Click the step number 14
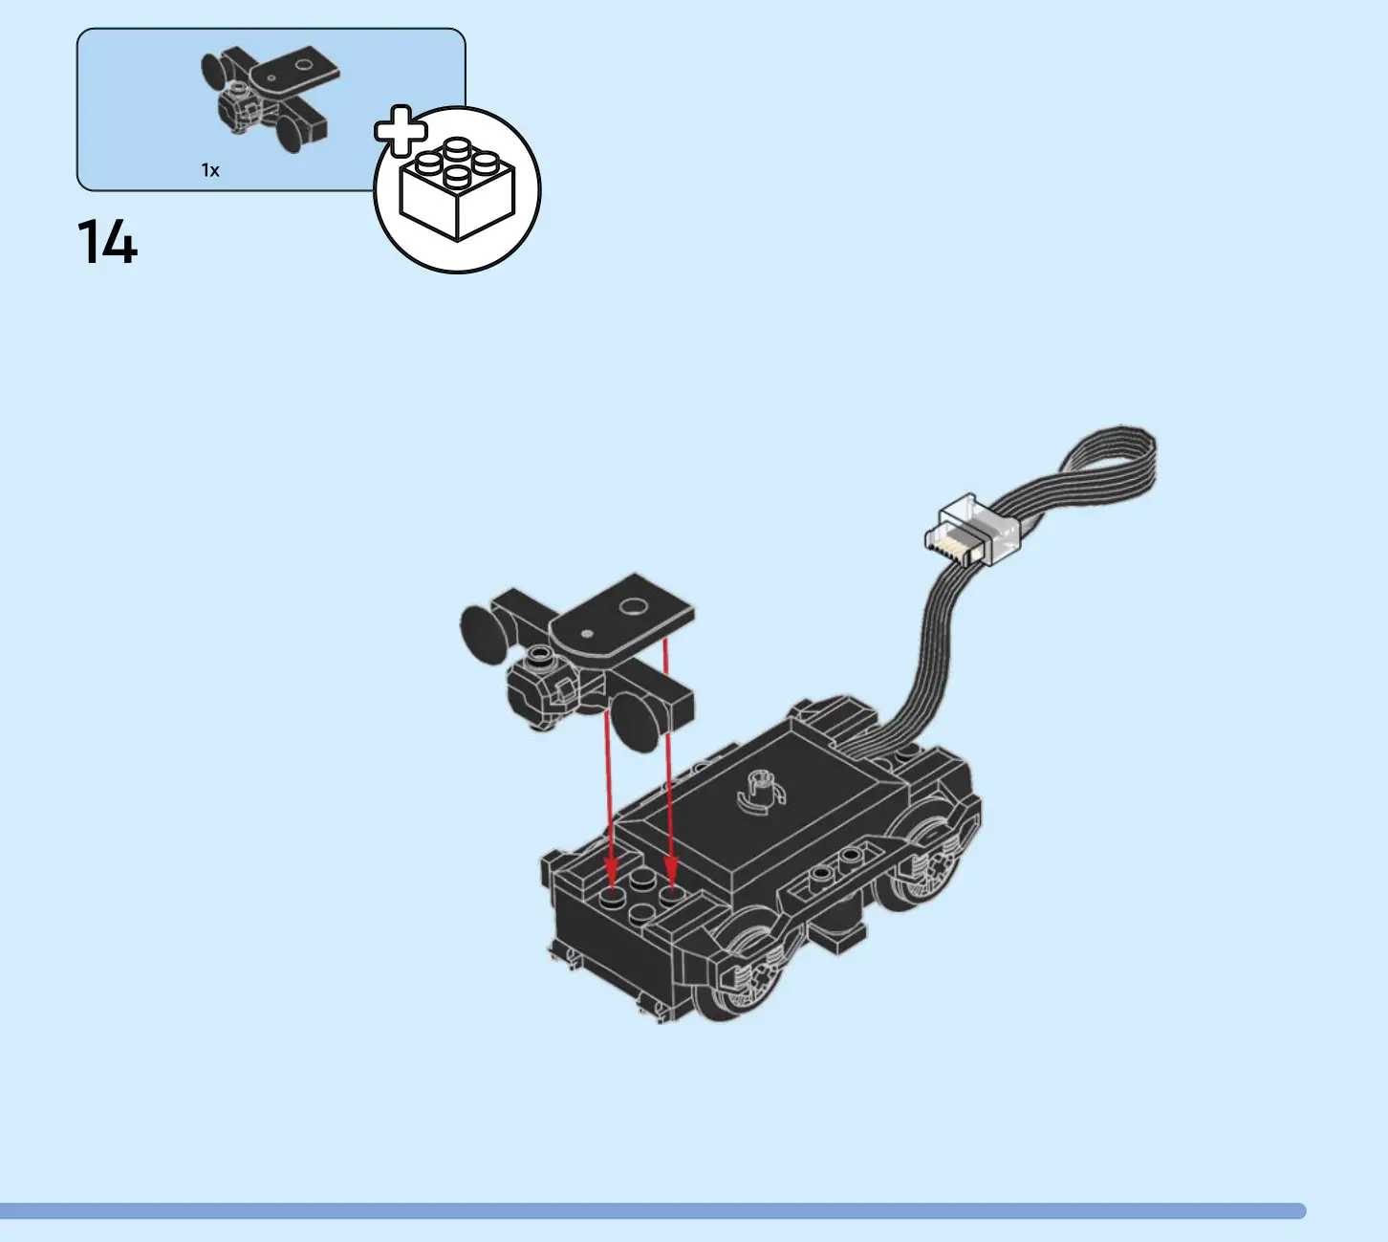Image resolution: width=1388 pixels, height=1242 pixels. (107, 242)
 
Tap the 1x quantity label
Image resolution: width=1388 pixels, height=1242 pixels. (210, 170)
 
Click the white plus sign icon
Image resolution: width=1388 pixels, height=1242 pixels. (400, 131)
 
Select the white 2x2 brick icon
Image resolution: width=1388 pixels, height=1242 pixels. (457, 189)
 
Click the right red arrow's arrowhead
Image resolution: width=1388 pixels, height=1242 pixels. (671, 872)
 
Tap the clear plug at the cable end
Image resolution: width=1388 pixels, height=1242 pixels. (973, 533)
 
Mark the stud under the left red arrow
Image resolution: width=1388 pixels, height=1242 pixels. (612, 898)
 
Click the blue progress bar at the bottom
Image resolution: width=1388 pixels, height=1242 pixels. (653, 1210)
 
